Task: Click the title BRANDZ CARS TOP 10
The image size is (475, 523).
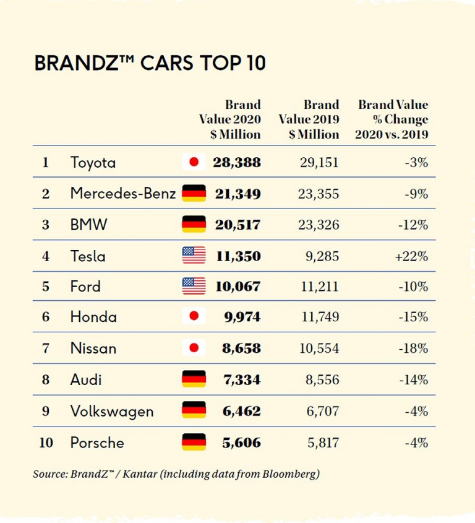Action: [x=150, y=64]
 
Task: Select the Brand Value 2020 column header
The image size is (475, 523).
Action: [x=230, y=119]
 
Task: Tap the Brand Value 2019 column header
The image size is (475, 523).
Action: [x=309, y=119]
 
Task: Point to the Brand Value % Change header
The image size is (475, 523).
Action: [x=392, y=119]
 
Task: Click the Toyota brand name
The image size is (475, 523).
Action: [x=93, y=163]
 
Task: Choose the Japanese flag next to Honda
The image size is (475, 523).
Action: [x=194, y=317]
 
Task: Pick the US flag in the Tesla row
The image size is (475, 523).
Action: [x=194, y=256]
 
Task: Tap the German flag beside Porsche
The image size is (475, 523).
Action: [x=194, y=443]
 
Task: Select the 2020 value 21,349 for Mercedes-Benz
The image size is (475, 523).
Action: [x=237, y=194]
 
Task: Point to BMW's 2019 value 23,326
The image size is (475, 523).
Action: [x=319, y=225]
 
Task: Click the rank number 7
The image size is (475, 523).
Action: [x=46, y=348]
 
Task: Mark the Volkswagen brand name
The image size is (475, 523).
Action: [x=112, y=412]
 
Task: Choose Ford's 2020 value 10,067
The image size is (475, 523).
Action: [x=237, y=287]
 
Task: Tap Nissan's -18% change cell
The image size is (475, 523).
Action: [x=413, y=348]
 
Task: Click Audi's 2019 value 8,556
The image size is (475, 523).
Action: [x=323, y=379]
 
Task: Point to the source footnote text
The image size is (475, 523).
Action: [x=176, y=475]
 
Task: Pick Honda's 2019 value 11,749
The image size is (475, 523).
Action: [x=319, y=317]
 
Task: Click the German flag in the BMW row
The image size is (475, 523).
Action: [x=194, y=225]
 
